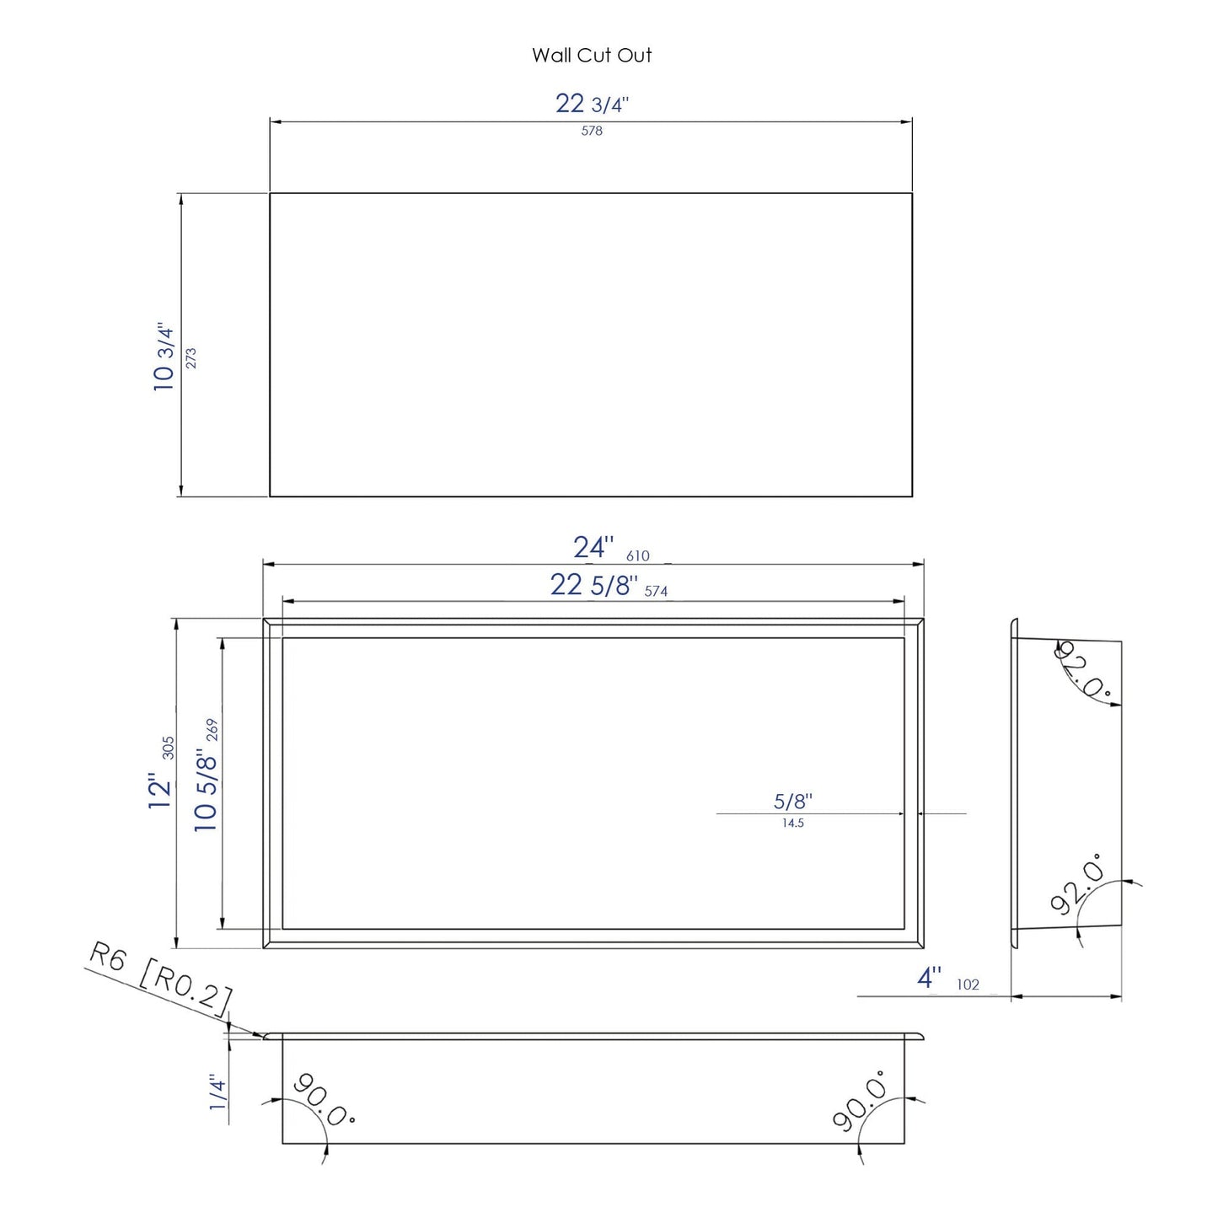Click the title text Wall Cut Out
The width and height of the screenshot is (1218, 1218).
pos(592,56)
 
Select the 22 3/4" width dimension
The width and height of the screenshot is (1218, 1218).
pos(592,104)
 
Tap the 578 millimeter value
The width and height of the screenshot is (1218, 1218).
pos(592,131)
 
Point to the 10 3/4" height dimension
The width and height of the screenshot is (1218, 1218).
pos(164,357)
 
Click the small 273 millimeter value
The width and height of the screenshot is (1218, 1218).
pos(190,357)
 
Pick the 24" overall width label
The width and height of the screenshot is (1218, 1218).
pos(593,548)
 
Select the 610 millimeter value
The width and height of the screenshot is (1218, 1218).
pos(638,556)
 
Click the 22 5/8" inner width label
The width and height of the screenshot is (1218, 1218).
pos(593,584)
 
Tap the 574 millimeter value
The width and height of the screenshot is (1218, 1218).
pos(656,592)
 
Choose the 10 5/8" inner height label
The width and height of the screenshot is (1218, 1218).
pos(206,791)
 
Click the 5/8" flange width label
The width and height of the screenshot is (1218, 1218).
pos(792,802)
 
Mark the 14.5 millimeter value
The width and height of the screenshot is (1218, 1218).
pos(792,824)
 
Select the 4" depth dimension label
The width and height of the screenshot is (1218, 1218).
pos(929,978)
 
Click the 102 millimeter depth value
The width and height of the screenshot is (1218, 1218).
pos(968,985)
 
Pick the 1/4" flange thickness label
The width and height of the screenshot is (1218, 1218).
pos(217,1092)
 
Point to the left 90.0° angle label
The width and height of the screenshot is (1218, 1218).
pos(324,1099)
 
